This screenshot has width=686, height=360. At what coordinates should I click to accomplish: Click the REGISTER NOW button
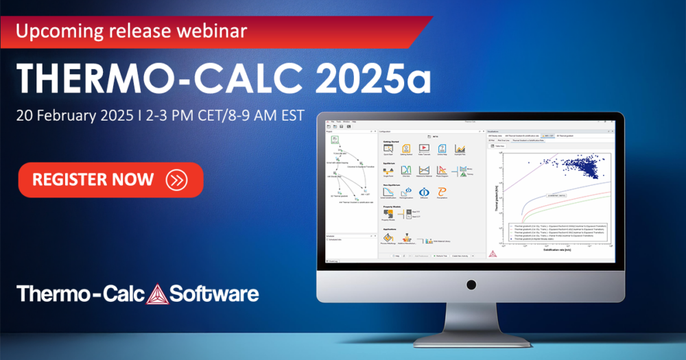[110, 180]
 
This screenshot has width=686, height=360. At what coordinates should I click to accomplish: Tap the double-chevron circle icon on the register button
[176, 180]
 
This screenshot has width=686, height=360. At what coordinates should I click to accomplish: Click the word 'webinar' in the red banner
[212, 32]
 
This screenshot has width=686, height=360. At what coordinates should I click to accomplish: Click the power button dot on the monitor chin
[471, 283]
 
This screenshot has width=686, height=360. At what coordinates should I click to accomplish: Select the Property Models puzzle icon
[388, 215]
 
